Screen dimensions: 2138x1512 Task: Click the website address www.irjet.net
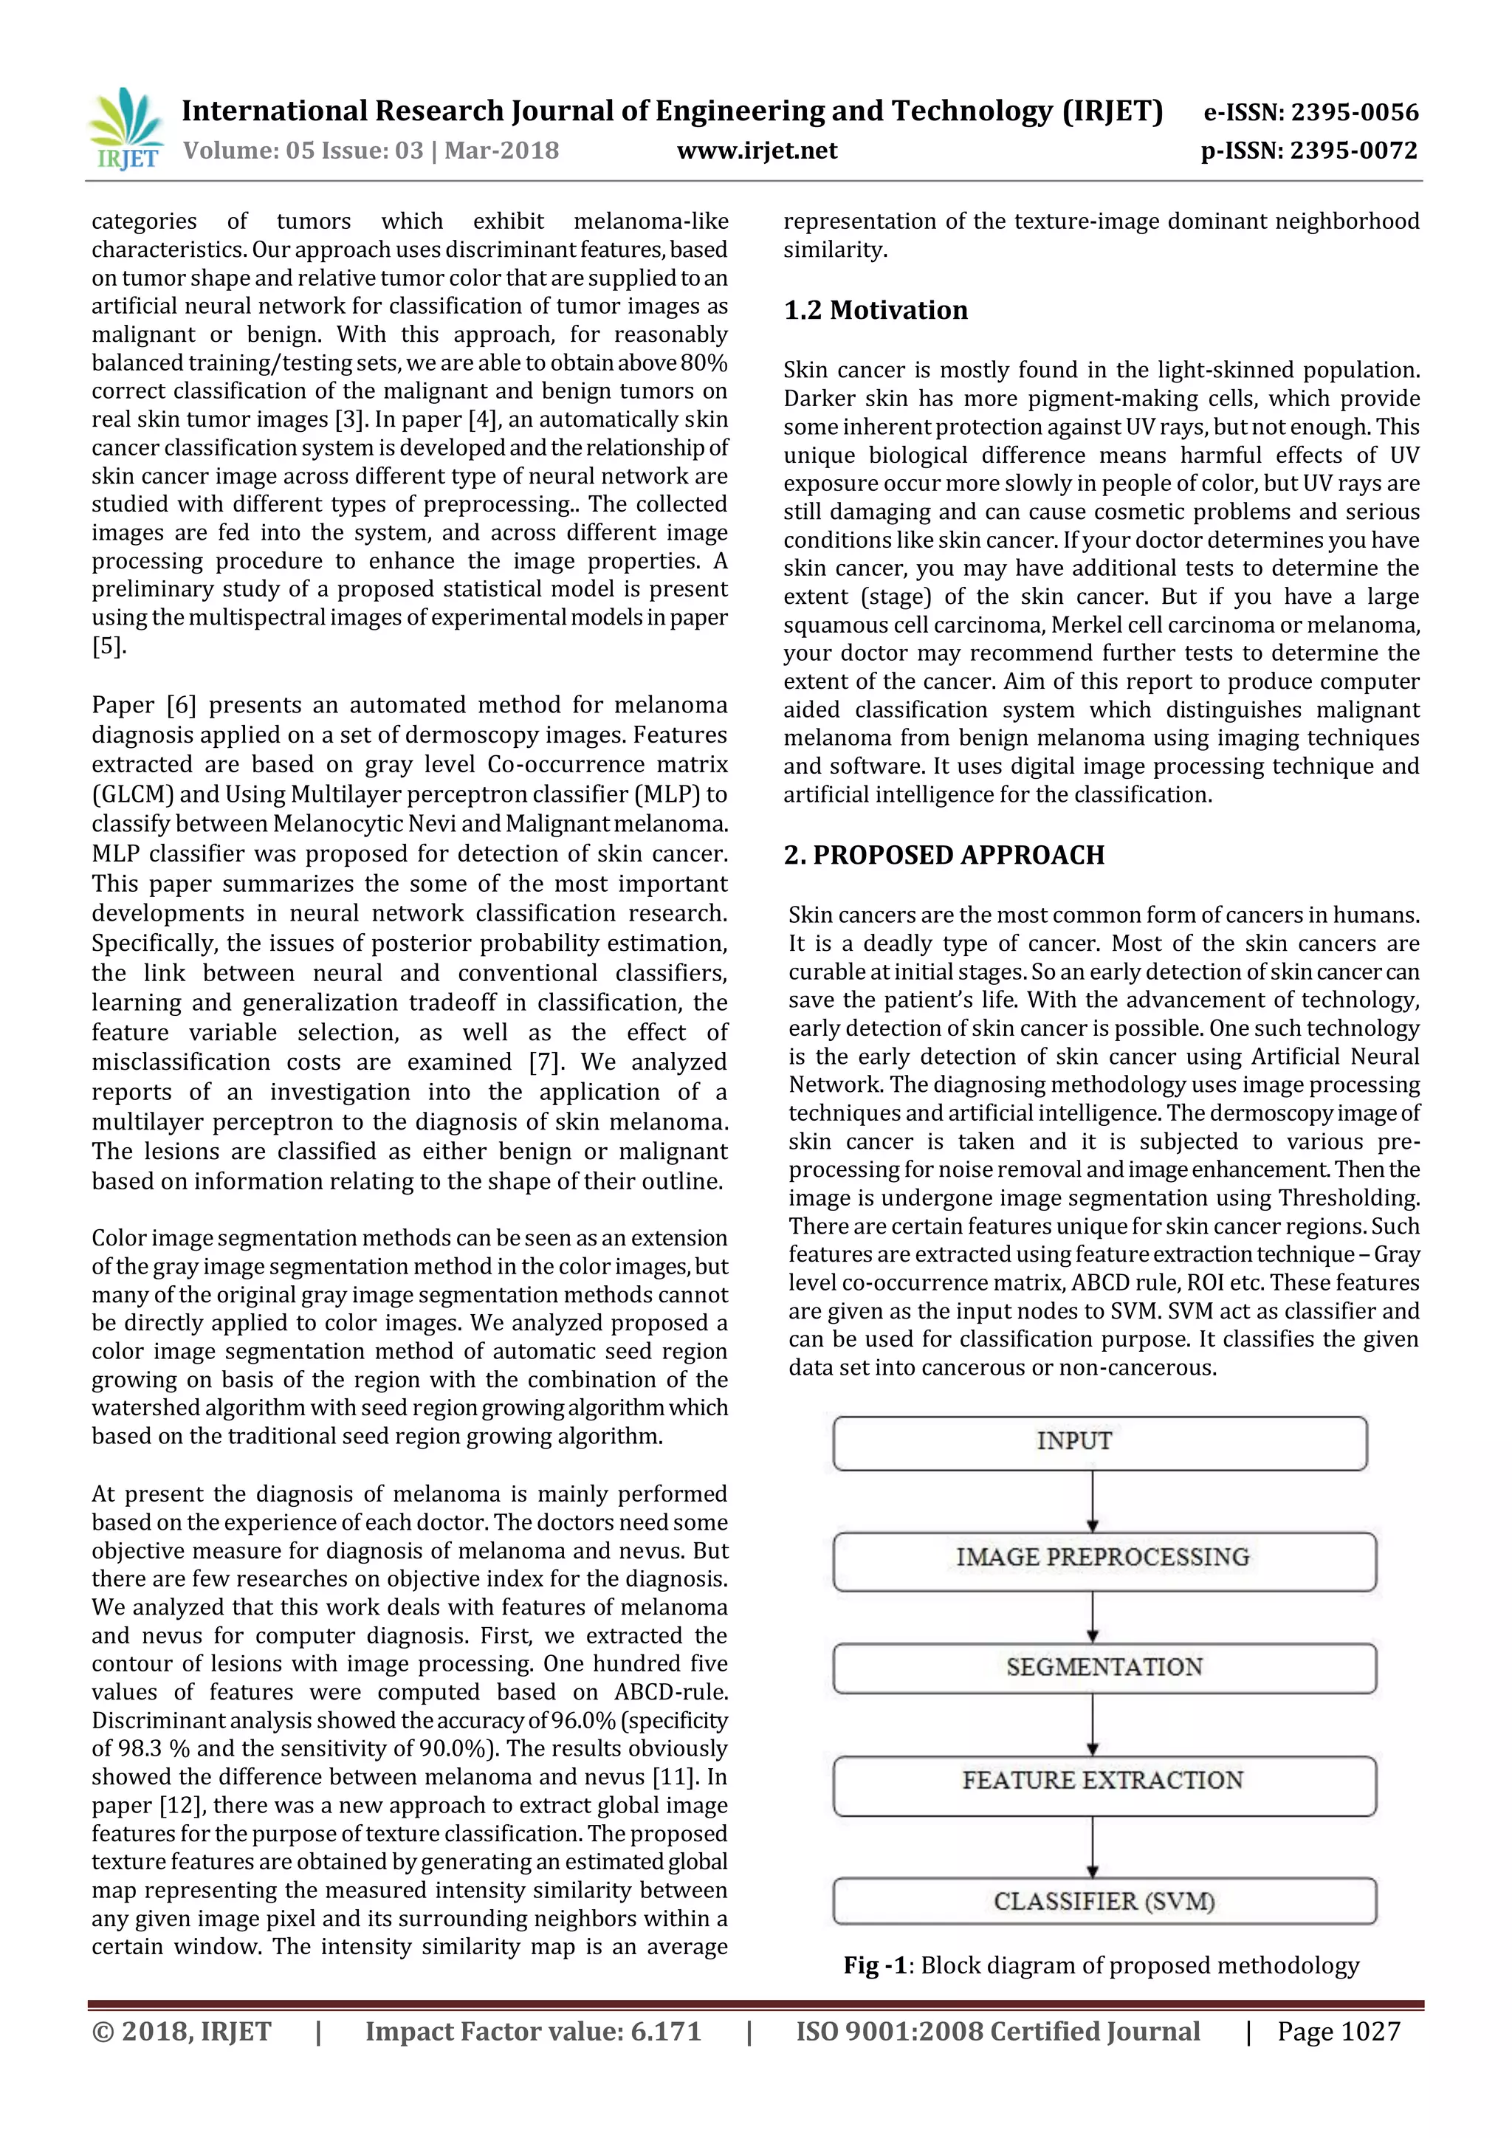click(x=757, y=151)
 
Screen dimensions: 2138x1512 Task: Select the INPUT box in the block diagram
click(x=1099, y=1443)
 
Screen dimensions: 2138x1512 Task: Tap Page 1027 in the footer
click(x=1338, y=2032)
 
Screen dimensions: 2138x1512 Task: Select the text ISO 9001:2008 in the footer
click(x=887, y=2032)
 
